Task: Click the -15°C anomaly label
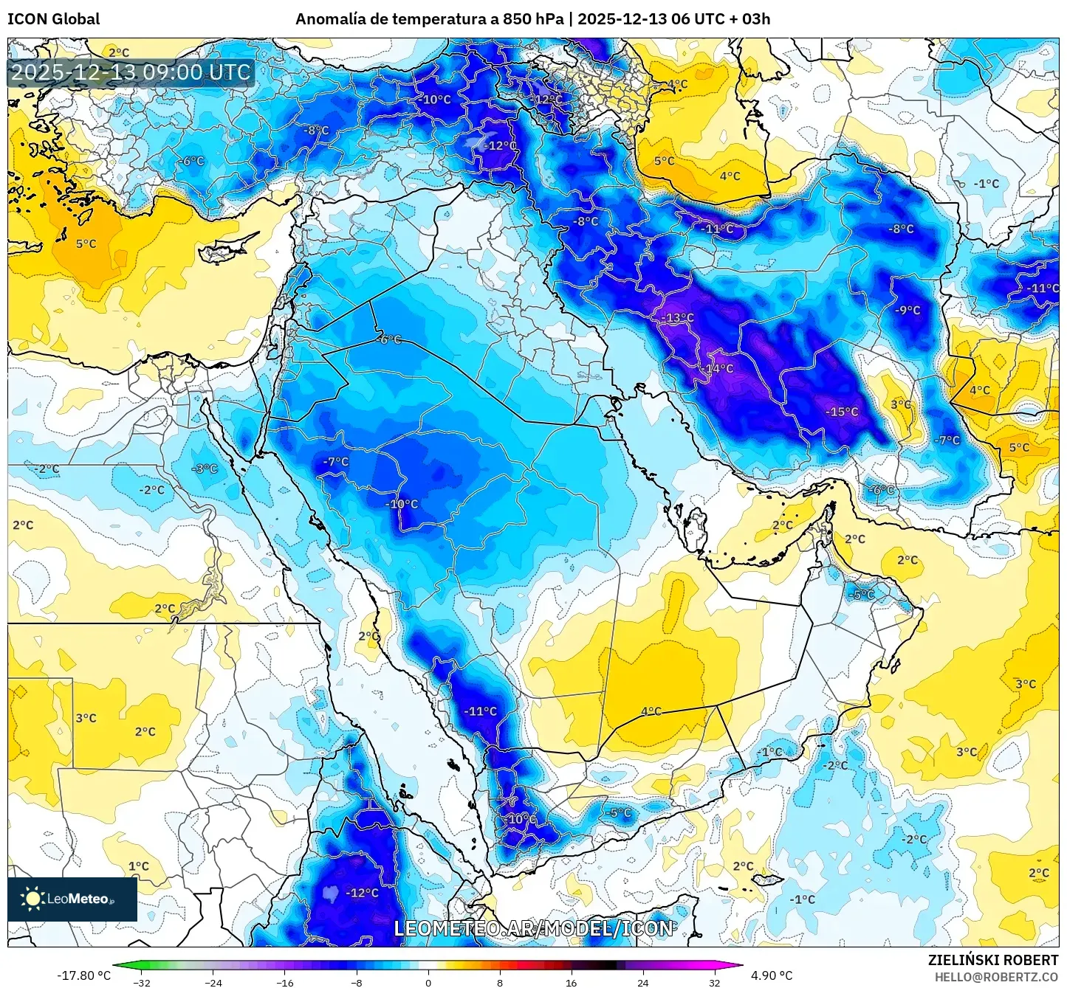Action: point(842,412)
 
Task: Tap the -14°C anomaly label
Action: point(717,368)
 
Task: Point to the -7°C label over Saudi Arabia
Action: point(335,461)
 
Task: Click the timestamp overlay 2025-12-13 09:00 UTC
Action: point(131,72)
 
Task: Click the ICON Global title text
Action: point(53,19)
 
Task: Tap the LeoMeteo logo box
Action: point(72,899)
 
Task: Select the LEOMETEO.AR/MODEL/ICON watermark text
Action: point(533,928)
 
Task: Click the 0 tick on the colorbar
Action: point(428,982)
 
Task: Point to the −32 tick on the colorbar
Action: point(142,982)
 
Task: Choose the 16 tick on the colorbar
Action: point(572,982)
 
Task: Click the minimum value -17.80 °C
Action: point(83,975)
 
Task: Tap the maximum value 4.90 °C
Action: point(772,975)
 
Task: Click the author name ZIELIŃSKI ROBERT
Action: point(993,960)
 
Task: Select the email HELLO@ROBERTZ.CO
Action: point(996,977)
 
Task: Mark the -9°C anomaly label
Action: point(908,310)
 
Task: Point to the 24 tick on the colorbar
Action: point(643,982)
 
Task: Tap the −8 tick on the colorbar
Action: point(357,982)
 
